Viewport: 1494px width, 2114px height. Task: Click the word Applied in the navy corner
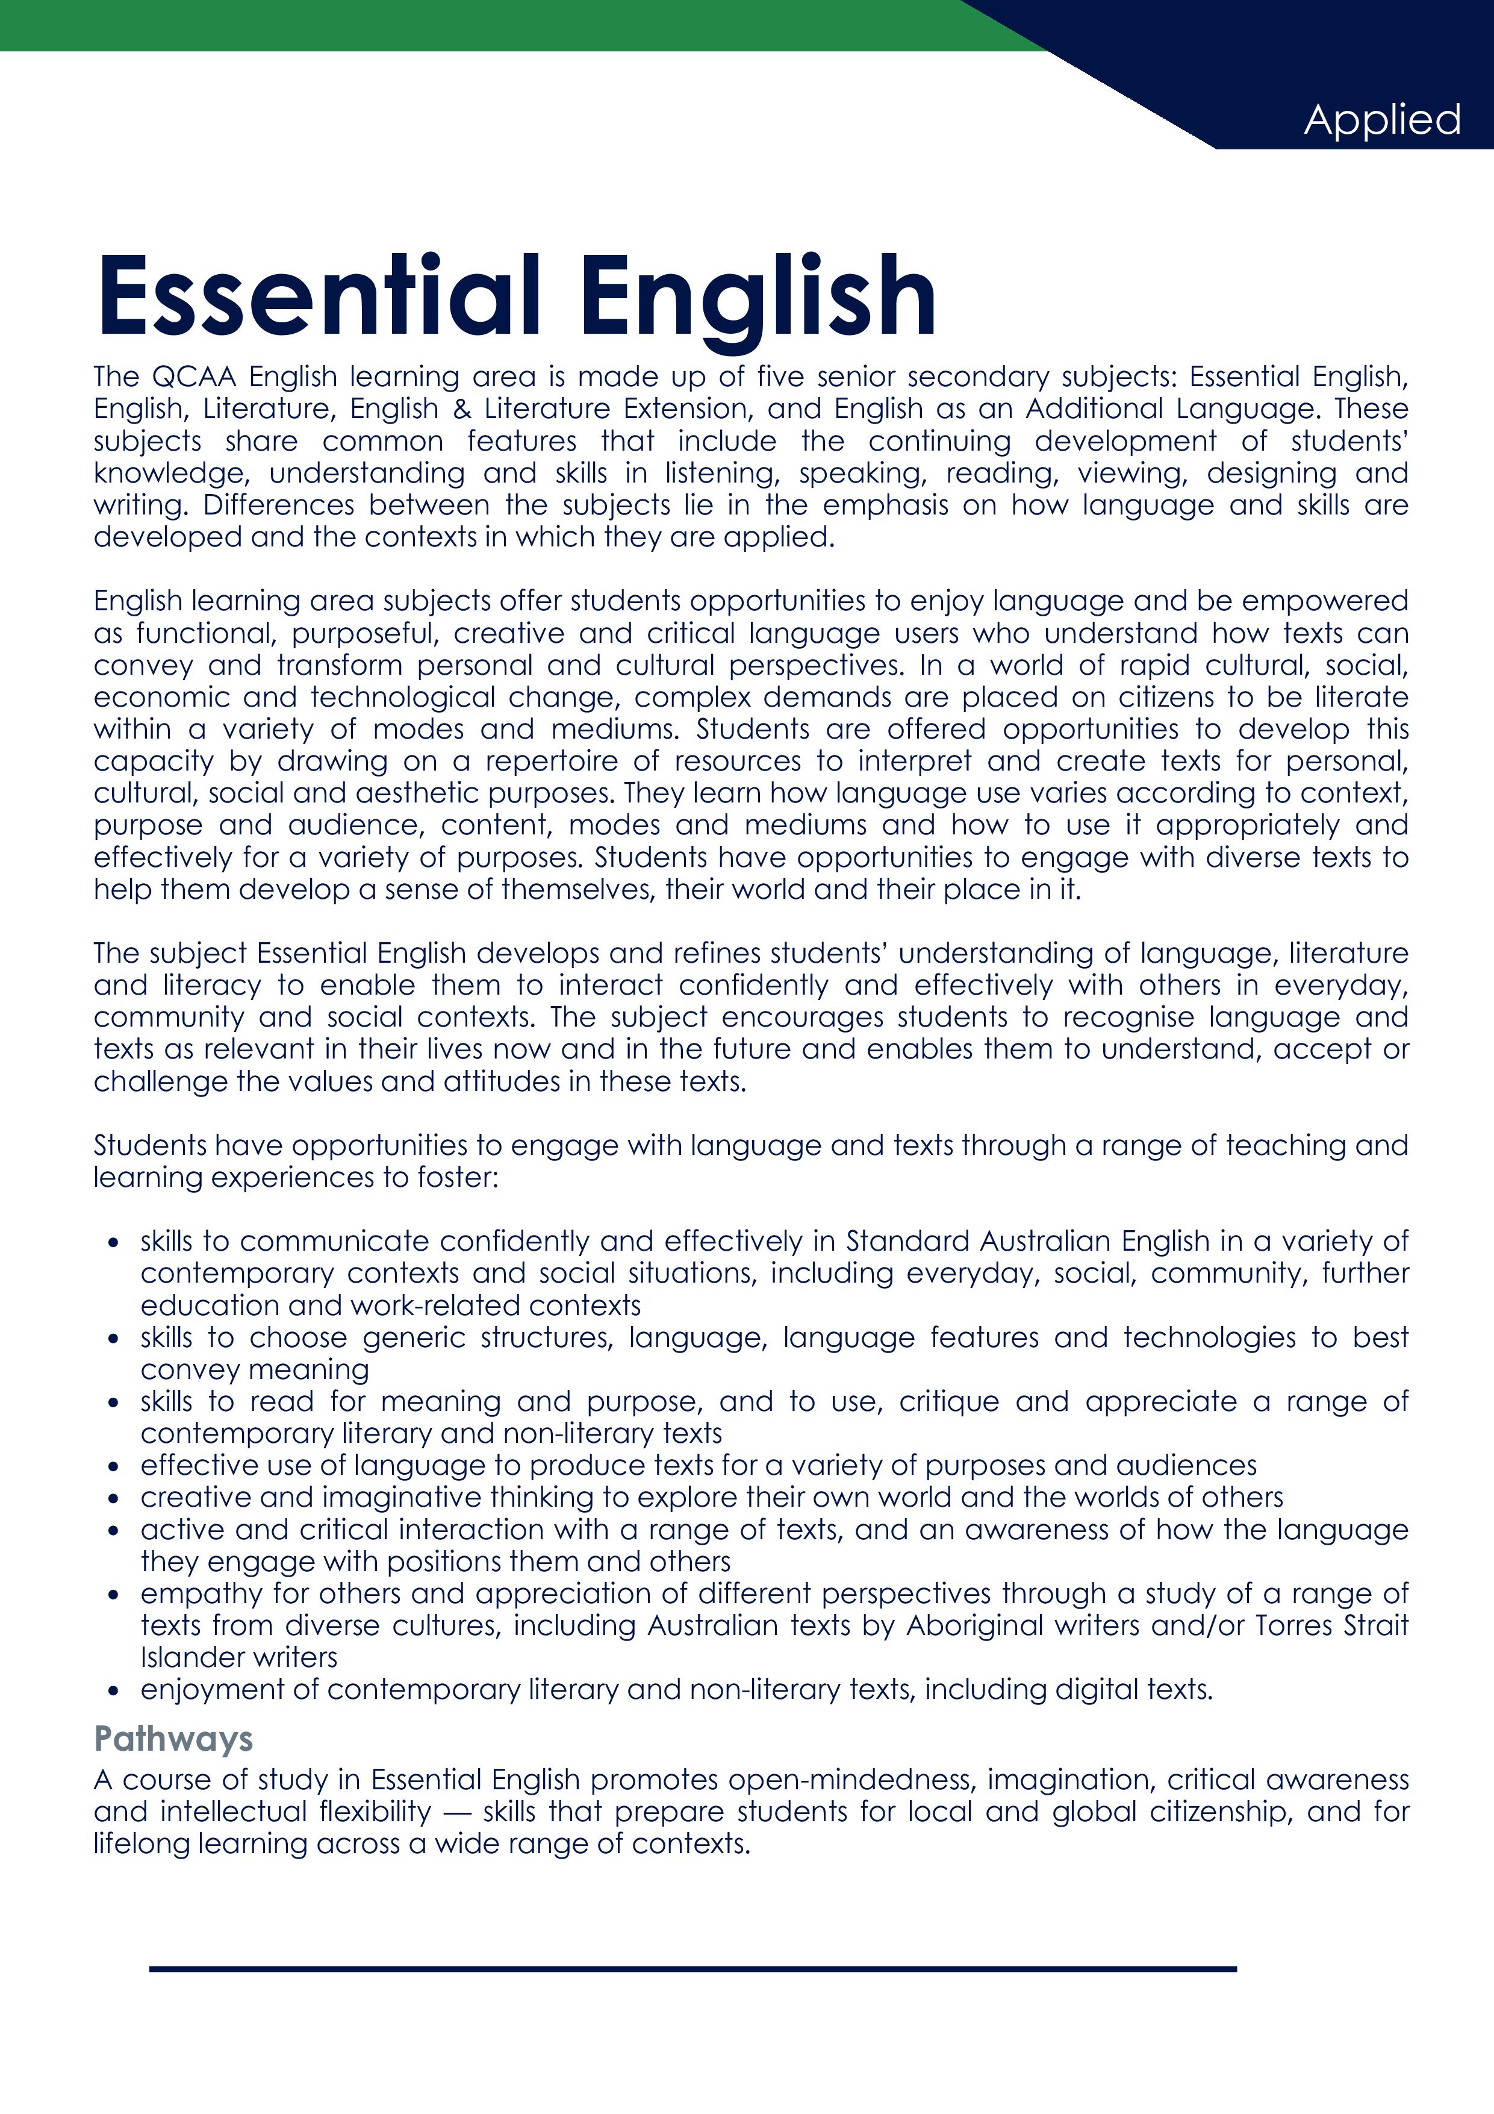pyautogui.click(x=1382, y=120)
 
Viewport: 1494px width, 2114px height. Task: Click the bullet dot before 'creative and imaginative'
pyautogui.click(x=113, y=1499)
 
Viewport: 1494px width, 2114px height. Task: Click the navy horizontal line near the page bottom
pyautogui.click(x=693, y=1969)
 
